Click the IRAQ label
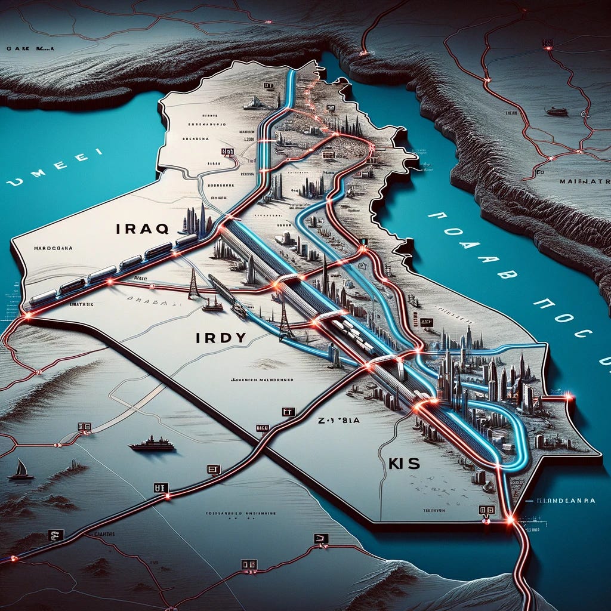143,228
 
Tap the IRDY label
221,338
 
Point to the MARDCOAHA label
53,249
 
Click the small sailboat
21,470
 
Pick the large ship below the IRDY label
152,443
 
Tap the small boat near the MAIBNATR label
556,111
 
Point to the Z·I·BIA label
338,419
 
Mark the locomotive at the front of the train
186,240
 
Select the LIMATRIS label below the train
78,304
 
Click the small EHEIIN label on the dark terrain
511,112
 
